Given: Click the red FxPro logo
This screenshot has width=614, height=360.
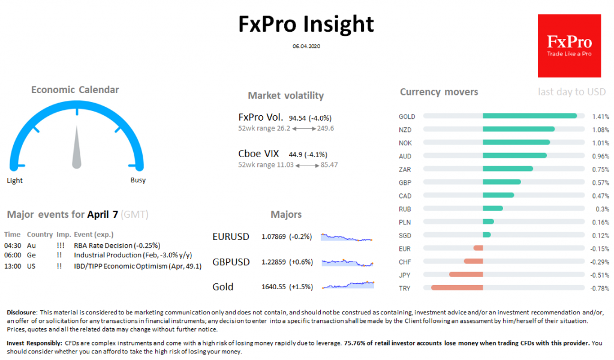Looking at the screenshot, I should pyautogui.click(x=569, y=46).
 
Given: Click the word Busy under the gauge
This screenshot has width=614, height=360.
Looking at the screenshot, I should pyautogui.click(x=138, y=180).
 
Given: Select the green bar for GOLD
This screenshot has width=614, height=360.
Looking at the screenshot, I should pyautogui.click(x=529, y=116).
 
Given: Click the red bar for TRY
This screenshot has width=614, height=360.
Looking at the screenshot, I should pyautogui.click(x=457, y=288).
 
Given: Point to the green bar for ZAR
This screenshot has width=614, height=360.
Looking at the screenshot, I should pyautogui.click(x=507, y=169).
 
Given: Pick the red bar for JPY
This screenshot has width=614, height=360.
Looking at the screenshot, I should pyautogui.click(x=466, y=275).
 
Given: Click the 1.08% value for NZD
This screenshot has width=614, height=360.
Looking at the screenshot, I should pyautogui.click(x=600, y=130).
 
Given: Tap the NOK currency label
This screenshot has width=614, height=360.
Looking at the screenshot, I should pyautogui.click(x=406, y=143).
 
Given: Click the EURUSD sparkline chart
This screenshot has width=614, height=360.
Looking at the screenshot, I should pyautogui.click(x=347, y=237).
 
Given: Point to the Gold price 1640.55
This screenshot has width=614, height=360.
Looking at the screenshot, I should pyautogui.click(x=273, y=287).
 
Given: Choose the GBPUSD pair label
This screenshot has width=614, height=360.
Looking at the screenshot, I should pyautogui.click(x=231, y=262).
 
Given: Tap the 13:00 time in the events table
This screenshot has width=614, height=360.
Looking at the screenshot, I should pyautogui.click(x=12, y=266).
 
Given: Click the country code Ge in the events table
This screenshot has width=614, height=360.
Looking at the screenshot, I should pyautogui.click(x=31, y=255).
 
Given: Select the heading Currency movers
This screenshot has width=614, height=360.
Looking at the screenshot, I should pyautogui.click(x=439, y=92).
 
